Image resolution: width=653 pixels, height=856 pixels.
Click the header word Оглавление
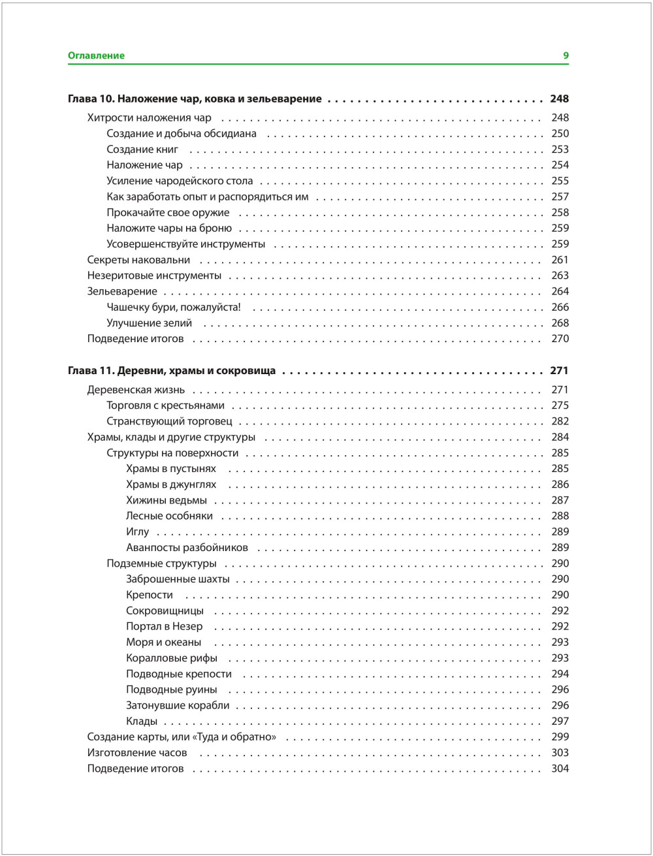pyautogui.click(x=96, y=56)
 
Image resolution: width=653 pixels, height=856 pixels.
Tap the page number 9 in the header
pyautogui.click(x=566, y=56)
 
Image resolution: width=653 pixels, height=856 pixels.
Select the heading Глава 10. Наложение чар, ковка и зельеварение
pyautogui.click(x=195, y=99)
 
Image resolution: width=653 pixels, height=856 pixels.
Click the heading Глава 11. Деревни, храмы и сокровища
pyautogui.click(x=172, y=371)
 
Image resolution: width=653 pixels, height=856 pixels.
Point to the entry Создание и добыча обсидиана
pyautogui.click(x=182, y=134)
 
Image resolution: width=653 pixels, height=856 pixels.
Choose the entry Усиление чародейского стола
pyautogui.click(x=180, y=181)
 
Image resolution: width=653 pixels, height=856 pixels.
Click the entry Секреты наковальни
pyautogui.click(x=138, y=260)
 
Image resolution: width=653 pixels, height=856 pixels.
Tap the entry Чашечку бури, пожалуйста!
pyautogui.click(x=174, y=308)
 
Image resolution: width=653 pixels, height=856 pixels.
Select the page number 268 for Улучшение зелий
pyautogui.click(x=560, y=323)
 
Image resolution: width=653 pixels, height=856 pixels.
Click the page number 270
pyautogui.click(x=560, y=339)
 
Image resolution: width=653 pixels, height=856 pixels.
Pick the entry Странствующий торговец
pyautogui.click(x=169, y=422)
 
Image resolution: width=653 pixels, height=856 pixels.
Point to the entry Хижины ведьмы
pyautogui.click(x=167, y=501)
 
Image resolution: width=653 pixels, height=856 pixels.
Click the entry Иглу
pyautogui.click(x=137, y=532)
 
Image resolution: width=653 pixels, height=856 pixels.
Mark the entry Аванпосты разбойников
pyautogui.click(x=187, y=548)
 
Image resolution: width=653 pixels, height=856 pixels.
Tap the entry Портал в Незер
pyautogui.click(x=165, y=627)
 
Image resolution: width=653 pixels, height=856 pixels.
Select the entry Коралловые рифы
pyautogui.click(x=172, y=658)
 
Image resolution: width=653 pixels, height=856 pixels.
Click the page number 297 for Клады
pyautogui.click(x=560, y=721)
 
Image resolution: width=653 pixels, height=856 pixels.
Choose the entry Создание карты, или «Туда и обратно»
pyautogui.click(x=182, y=737)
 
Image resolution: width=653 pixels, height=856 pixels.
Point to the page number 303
pyautogui.click(x=560, y=753)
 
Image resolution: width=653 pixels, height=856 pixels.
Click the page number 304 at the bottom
pyautogui.click(x=560, y=769)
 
